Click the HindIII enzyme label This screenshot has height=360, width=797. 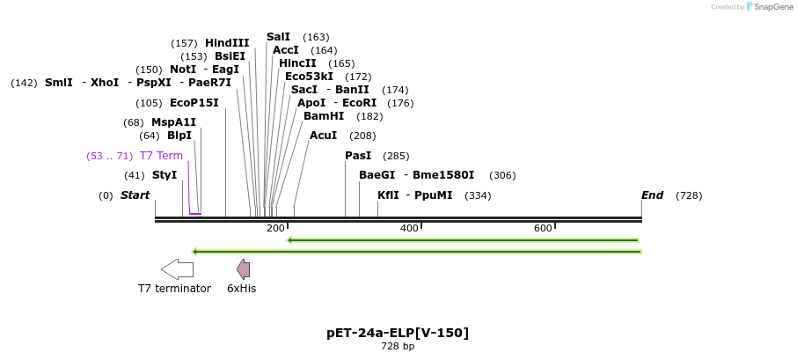coord(227,43)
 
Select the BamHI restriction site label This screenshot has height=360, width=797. coord(324,116)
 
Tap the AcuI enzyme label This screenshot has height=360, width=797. coord(323,136)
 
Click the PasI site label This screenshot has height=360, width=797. coord(358,156)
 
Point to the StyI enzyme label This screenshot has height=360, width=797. coord(165,175)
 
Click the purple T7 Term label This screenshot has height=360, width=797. coord(161,156)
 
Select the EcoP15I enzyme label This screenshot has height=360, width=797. coord(194,103)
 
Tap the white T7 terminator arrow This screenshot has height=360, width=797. coord(177,269)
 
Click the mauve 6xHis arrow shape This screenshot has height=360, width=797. coord(243,269)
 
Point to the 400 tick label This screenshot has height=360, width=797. coord(409,229)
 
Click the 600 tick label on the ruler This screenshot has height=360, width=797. coord(543,229)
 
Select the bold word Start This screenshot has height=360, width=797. coord(135,195)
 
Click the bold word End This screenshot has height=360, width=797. coord(653,195)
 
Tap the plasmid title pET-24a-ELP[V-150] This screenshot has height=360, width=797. coord(398,333)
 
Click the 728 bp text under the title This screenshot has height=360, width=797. coord(398,347)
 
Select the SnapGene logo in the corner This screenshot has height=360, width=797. coord(766,7)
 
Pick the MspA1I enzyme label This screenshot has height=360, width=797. coord(173,122)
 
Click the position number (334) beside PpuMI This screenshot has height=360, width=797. coord(478,195)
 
